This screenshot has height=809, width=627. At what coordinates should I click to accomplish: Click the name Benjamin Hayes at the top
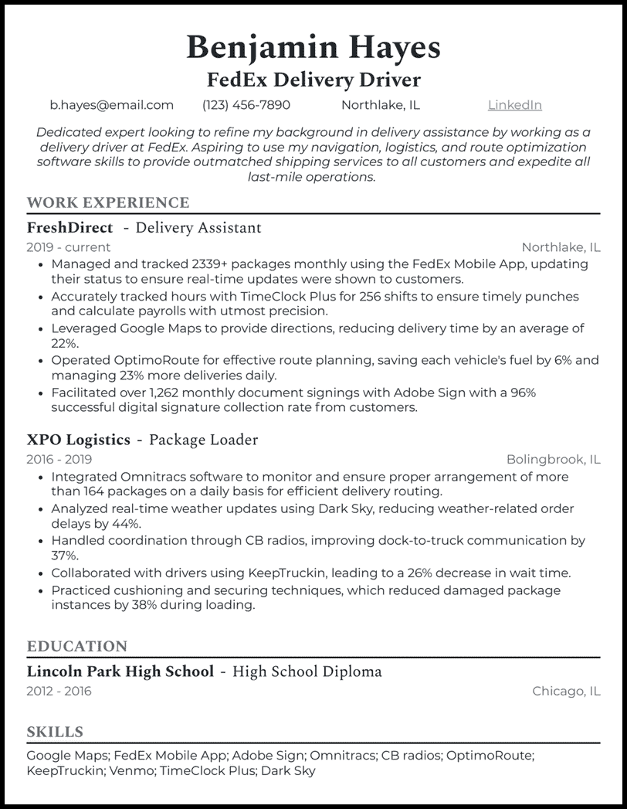pos(313,47)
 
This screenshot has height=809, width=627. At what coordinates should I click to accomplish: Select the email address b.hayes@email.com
pos(112,105)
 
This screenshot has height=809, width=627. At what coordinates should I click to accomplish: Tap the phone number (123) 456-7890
pos(246,105)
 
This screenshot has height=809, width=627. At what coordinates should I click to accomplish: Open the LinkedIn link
pos(514,105)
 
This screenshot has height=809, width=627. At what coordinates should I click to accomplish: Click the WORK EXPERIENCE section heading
pos(107,203)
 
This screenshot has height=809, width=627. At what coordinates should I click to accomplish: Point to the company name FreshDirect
pos(69,228)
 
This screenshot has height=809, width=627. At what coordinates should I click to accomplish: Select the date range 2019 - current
pos(68,247)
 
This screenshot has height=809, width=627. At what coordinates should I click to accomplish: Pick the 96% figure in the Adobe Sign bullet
pos(523,393)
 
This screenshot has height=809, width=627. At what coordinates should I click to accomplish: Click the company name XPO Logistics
pos(78,440)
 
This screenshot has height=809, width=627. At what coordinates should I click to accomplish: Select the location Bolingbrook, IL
pos(553,459)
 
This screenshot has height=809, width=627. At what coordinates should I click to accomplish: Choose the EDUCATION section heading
pos(76,647)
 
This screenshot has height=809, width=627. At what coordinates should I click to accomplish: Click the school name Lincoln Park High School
pos(120,671)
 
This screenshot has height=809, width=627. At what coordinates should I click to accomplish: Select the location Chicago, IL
pos(566,691)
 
